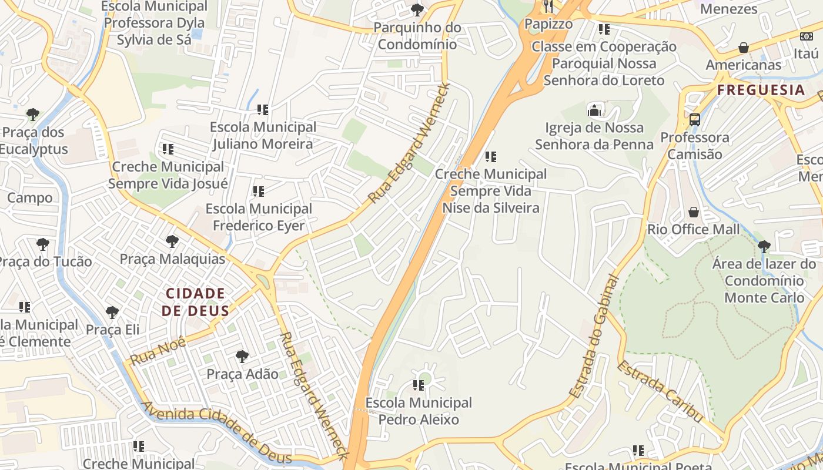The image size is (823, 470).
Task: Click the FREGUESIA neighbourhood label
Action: (x=761, y=90)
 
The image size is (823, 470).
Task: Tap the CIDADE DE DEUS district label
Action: (x=195, y=302)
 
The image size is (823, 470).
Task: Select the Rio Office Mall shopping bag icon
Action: (x=694, y=211)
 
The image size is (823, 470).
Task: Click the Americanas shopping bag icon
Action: (x=744, y=47)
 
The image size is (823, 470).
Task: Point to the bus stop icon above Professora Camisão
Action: (x=695, y=120)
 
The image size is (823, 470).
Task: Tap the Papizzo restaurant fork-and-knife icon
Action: (x=548, y=6)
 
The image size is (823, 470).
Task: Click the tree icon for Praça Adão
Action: (x=242, y=356)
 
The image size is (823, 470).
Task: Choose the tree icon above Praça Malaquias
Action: (x=172, y=241)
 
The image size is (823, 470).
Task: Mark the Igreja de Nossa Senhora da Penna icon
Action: (x=594, y=110)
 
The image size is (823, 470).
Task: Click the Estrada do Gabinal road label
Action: (x=595, y=337)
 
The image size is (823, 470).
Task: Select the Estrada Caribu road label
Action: (x=660, y=391)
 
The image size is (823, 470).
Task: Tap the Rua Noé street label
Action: (x=158, y=351)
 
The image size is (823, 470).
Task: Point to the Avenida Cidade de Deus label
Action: (x=217, y=432)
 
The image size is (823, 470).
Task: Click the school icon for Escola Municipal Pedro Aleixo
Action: (x=419, y=385)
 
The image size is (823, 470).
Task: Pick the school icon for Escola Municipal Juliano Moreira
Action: (x=263, y=109)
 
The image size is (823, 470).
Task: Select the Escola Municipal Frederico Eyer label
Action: (x=259, y=217)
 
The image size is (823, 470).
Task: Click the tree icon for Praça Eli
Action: (x=112, y=313)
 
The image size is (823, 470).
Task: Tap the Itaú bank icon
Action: (x=807, y=36)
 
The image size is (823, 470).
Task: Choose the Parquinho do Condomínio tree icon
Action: (x=417, y=9)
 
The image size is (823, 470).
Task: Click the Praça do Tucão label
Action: (x=46, y=261)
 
